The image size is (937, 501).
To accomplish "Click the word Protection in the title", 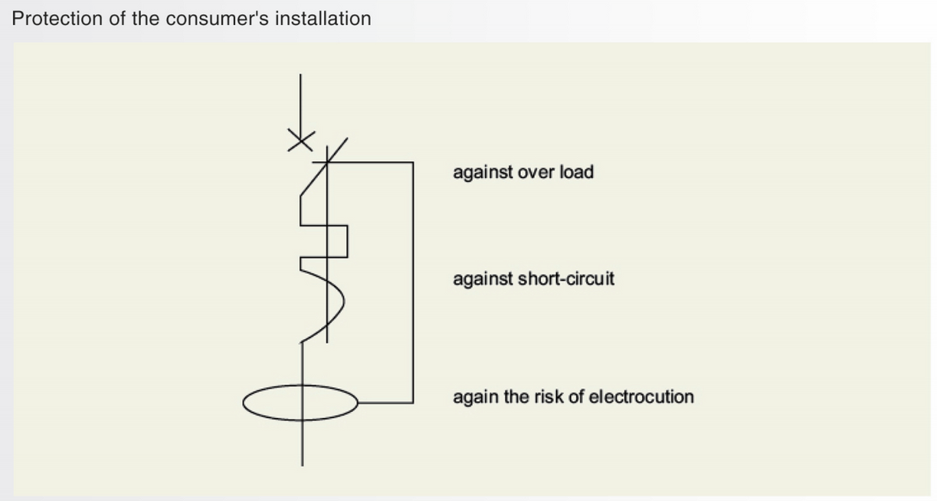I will click(55, 19).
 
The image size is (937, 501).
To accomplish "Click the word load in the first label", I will click(577, 172).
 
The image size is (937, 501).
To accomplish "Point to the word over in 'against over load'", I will click(539, 172).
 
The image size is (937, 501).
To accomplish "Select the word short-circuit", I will click(566, 279).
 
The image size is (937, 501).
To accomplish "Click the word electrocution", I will click(640, 397).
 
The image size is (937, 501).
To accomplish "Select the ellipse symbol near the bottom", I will click(301, 403).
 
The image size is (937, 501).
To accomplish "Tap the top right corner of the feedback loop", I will click(411, 163).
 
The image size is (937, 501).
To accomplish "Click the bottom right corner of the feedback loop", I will click(411, 403).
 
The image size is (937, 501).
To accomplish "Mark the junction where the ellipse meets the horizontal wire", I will click(359, 403).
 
